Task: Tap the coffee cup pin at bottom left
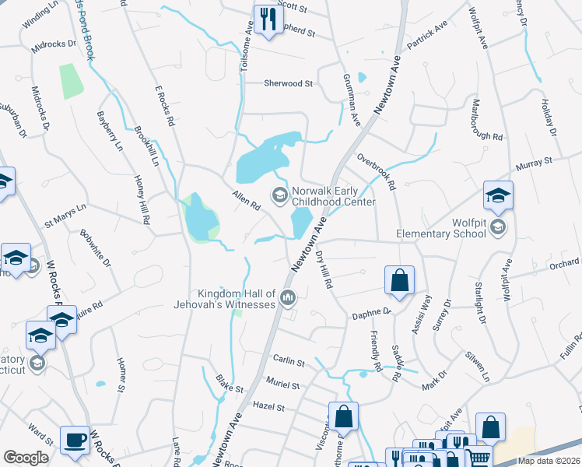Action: [75, 441]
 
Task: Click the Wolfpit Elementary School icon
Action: [498, 227]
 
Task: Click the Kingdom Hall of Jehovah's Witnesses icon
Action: [288, 297]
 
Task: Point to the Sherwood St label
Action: [288, 83]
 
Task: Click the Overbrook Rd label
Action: [377, 170]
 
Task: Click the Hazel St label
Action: [269, 406]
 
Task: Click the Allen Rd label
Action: [246, 200]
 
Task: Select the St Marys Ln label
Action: [65, 216]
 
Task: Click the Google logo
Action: [26, 458]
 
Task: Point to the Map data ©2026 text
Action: [549, 461]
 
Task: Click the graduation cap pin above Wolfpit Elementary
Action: [498, 195]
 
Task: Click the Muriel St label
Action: [282, 384]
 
